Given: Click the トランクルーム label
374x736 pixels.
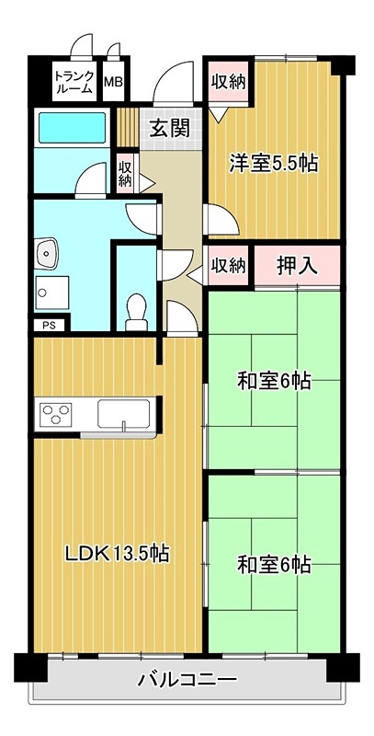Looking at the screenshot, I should coord(74,82).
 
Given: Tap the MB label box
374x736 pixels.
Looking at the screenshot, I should coord(114,83).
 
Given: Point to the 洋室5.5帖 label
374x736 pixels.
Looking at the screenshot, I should coord(273,164).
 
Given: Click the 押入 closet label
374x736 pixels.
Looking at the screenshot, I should coord(297,266).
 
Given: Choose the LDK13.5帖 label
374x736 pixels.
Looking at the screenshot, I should coord(116,554).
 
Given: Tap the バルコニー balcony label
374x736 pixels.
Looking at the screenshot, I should coord(187,681).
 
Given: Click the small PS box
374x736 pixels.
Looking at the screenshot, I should coord(48,325).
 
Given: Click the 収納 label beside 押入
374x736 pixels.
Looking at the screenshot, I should coord(229,266).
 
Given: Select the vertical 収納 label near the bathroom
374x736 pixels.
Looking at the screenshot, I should coord(126,174).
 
